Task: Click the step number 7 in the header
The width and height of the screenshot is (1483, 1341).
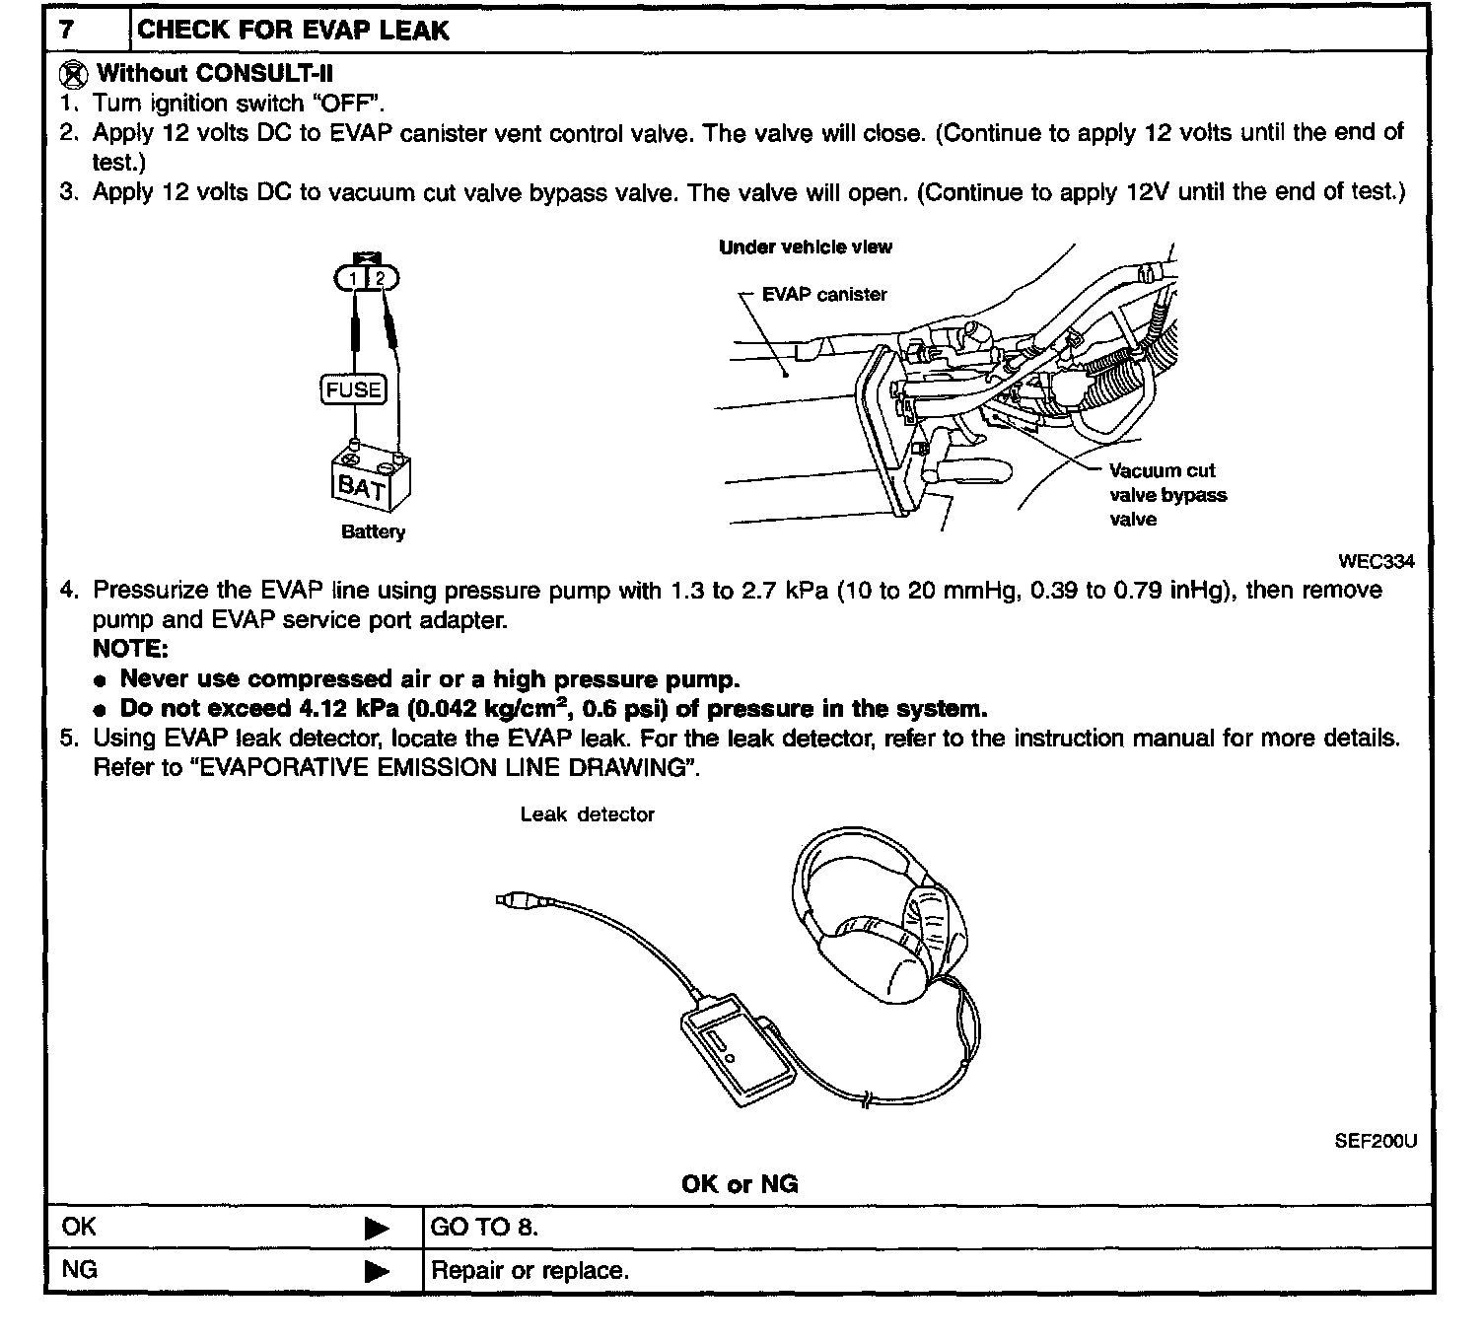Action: coord(66,29)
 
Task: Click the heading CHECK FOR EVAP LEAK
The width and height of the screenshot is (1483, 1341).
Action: coord(293,30)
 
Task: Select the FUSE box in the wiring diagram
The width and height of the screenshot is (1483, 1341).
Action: coord(354,389)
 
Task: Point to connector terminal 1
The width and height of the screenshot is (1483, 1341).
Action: coord(353,279)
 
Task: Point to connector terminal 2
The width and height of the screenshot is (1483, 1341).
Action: coord(380,279)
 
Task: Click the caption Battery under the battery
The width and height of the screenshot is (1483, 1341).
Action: coord(373,531)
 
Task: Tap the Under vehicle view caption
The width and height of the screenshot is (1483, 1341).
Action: coord(806,247)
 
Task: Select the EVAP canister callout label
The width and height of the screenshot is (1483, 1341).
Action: coord(824,294)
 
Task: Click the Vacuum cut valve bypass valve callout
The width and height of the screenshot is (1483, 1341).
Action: coord(1167,495)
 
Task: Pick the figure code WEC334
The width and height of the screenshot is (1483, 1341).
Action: coord(1376,561)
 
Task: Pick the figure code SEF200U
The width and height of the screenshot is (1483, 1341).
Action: coord(1375,1141)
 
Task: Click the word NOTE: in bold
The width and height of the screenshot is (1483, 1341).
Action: coord(130,649)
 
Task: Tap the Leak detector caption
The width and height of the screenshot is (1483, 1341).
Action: coord(587,814)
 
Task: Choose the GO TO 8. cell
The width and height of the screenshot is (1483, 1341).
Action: coord(484,1227)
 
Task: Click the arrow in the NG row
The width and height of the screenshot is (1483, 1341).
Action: coord(377,1272)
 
